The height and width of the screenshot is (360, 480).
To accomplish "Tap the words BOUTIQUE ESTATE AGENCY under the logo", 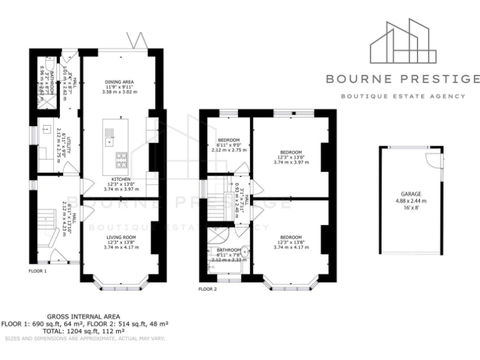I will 403,96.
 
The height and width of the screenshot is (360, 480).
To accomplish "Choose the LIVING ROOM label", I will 121,237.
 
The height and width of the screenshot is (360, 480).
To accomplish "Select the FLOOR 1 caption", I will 38,271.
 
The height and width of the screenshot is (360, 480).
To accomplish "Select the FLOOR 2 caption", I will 207,289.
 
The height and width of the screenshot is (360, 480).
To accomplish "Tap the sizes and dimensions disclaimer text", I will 84,338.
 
